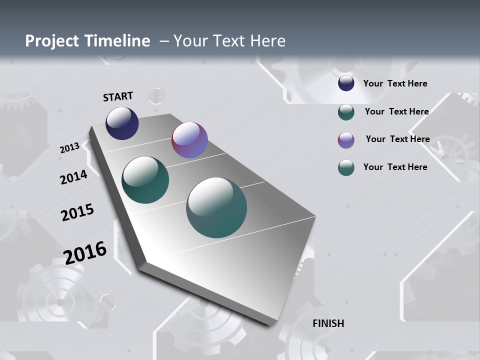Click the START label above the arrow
[118, 96]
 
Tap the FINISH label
[328, 323]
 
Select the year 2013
[69, 148]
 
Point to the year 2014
[74, 177]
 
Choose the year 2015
[77, 212]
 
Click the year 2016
[85, 253]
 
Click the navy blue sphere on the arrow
[122, 123]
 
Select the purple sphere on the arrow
[189, 140]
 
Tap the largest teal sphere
[216, 207]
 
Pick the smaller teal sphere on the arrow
[145, 180]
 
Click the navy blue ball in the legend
[346, 83]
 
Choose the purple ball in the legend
[346, 140]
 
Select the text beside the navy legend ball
[395, 83]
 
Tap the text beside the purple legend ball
[397, 139]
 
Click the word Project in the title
[52, 41]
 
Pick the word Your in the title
[190, 41]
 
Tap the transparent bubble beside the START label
[156, 95]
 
